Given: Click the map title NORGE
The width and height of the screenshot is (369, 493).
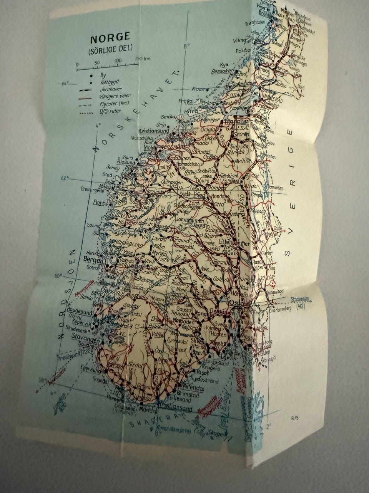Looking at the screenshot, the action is click(110, 39).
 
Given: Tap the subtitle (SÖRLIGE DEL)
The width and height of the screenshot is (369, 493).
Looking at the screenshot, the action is click(110, 49).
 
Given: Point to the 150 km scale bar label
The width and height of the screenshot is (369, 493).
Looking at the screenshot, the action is click(142, 59).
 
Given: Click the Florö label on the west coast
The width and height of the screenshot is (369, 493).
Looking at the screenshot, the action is click(99, 202).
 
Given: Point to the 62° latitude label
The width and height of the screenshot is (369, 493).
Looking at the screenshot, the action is click(64, 178).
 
